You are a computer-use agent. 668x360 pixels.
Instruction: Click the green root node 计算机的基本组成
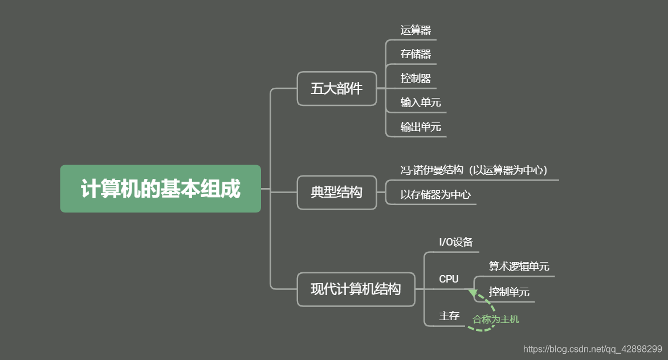(x=160, y=189)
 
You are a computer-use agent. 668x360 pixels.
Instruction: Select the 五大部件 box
(x=337, y=89)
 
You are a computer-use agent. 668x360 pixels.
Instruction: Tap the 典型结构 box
(x=337, y=193)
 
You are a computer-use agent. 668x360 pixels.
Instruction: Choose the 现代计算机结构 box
(x=356, y=289)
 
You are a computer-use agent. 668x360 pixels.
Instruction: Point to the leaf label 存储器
(x=416, y=55)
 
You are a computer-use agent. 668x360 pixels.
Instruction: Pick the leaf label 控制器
(x=416, y=79)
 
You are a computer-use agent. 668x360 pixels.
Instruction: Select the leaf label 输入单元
(x=421, y=103)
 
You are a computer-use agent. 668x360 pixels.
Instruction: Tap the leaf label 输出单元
(x=421, y=127)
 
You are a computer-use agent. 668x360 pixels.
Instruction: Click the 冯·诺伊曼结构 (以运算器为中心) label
(x=474, y=170)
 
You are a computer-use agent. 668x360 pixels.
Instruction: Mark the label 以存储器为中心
(x=435, y=195)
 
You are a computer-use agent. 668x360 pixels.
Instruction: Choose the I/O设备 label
(x=456, y=242)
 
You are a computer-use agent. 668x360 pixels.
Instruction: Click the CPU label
(x=449, y=279)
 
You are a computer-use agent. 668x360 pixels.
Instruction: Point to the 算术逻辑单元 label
(x=519, y=267)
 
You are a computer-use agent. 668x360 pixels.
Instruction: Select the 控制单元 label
(x=509, y=292)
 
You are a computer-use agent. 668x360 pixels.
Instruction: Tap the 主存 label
(x=449, y=316)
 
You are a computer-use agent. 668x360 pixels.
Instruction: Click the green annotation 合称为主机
(x=496, y=320)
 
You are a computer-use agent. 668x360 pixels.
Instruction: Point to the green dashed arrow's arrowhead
(x=473, y=293)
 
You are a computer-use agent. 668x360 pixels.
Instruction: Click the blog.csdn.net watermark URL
(x=592, y=349)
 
